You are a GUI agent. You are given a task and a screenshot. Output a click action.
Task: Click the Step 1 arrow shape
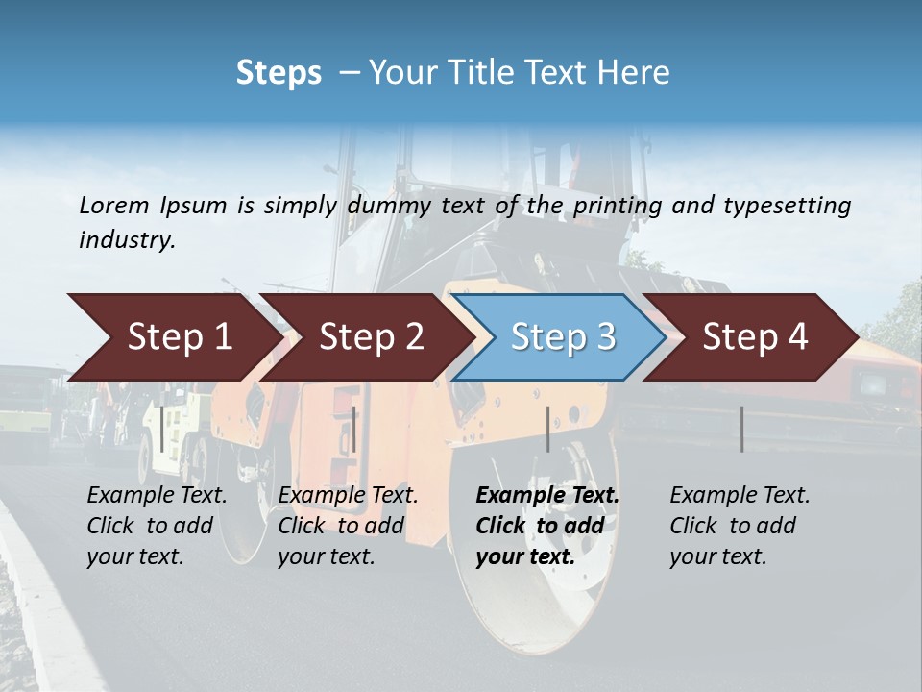click(x=173, y=337)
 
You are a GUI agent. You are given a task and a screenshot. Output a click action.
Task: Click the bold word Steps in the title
click(x=279, y=73)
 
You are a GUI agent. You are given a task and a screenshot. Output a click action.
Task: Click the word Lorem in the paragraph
click(x=113, y=205)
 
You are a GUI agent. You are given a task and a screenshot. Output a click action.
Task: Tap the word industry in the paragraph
click(x=127, y=239)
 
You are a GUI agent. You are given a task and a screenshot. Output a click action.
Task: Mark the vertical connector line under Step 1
click(x=162, y=429)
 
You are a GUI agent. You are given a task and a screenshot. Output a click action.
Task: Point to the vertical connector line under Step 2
click(x=354, y=429)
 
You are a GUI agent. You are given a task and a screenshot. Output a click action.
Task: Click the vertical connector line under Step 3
click(x=547, y=429)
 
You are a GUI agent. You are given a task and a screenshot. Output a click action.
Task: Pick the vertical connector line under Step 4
click(x=741, y=429)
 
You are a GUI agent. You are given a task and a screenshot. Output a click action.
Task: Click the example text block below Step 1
click(x=157, y=526)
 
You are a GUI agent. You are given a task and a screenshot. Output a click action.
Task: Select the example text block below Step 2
click(x=348, y=526)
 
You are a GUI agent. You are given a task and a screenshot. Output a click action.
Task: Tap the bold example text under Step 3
click(x=546, y=526)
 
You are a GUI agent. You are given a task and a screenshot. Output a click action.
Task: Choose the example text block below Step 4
click(x=740, y=526)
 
